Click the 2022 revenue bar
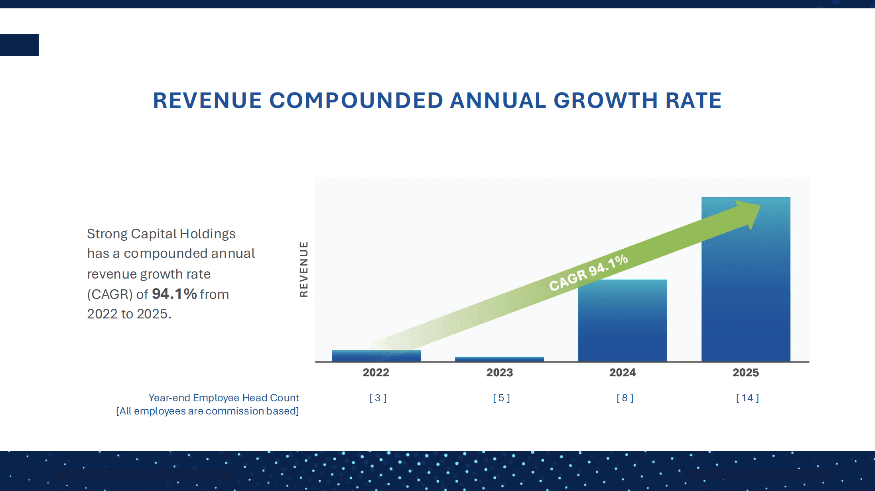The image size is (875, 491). point(376,356)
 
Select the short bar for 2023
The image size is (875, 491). point(499,359)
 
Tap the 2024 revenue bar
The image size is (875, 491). point(623,321)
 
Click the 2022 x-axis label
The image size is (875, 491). point(376,373)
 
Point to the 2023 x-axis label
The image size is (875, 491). point(499,373)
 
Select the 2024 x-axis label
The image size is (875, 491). point(623,373)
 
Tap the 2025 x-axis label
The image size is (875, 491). point(746,373)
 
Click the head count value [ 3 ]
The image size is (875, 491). point(378,398)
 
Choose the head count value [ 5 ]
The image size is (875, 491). point(501,398)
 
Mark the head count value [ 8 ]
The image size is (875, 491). point(625,398)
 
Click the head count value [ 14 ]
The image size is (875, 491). point(747,398)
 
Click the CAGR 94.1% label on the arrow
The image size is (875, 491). point(588,273)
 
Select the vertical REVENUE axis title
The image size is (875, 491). point(304,269)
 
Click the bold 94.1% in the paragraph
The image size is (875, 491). point(174,294)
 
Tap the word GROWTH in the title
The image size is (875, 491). point(605,100)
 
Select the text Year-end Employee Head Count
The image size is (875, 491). point(223,398)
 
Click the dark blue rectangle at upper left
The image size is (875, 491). point(19,45)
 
